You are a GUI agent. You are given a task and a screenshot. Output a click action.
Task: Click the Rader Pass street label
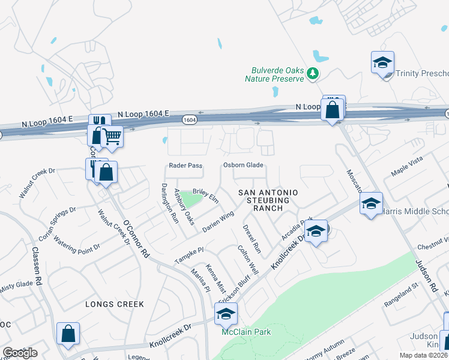point(185,166)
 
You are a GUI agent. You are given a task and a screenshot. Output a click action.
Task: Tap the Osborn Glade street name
point(244,166)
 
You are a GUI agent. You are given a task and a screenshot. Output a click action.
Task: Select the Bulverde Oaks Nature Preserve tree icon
point(312,73)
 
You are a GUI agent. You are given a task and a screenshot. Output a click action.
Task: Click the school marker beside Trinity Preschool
point(382,62)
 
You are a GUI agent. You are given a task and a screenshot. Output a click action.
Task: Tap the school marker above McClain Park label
point(226,314)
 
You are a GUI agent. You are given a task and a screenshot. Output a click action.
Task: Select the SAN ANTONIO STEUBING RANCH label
point(268,200)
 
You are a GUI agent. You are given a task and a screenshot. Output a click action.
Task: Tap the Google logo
point(20,353)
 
